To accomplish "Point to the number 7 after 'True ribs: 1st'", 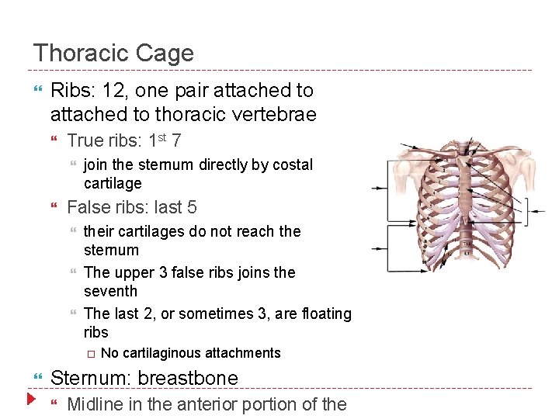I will (x=178, y=141).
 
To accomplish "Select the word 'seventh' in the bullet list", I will (x=110, y=291).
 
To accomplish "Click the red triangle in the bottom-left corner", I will (x=30, y=400).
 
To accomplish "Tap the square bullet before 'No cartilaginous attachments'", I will (x=90, y=353).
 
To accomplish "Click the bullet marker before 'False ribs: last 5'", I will (x=54, y=208).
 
